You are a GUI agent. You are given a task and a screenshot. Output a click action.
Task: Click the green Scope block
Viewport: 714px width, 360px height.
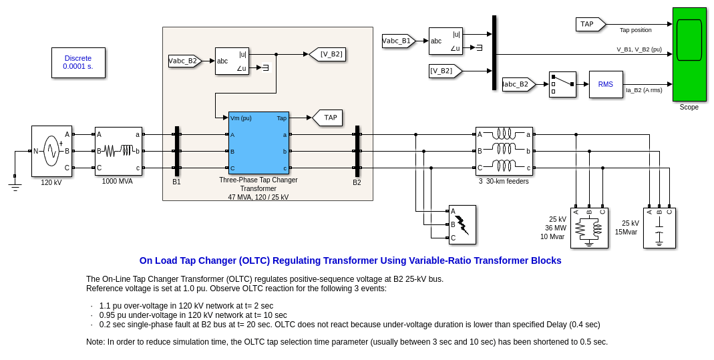[x=689, y=54]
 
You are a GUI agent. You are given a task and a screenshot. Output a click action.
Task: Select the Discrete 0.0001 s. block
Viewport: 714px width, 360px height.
[x=78, y=62]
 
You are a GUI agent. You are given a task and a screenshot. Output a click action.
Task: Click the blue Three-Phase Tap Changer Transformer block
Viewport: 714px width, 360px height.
[x=258, y=142]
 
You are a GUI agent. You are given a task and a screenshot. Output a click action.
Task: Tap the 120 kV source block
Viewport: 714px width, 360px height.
[x=51, y=151]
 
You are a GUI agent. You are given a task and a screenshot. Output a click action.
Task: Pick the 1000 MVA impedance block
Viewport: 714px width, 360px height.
[x=118, y=151]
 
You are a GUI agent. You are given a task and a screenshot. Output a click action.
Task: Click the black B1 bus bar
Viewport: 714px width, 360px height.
[x=177, y=151]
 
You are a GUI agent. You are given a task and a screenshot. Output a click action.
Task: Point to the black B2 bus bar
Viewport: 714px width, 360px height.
[x=357, y=151]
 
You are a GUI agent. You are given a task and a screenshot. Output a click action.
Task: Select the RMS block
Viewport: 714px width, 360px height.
[x=606, y=84]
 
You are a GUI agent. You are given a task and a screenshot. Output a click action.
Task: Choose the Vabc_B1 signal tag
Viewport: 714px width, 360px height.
[x=398, y=41]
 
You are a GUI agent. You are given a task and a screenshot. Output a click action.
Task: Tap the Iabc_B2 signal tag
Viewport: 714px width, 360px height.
[x=518, y=84]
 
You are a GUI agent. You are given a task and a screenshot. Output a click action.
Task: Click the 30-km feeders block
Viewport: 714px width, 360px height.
[x=504, y=151]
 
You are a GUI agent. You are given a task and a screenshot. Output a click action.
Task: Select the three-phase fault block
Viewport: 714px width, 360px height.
[x=462, y=224]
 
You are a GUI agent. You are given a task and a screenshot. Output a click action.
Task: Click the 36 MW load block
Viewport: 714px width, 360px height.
[x=589, y=228]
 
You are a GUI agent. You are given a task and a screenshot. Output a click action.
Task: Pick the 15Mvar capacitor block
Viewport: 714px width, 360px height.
[x=659, y=228]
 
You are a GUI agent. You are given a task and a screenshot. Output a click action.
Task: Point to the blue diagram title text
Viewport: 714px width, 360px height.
[x=350, y=260]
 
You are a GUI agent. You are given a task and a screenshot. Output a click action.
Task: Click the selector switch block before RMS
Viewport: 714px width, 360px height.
[x=562, y=84]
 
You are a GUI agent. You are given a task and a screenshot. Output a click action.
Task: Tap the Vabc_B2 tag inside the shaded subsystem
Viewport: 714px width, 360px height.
[x=184, y=61]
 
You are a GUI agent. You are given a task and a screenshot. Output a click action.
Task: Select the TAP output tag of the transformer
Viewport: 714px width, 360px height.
[x=328, y=118]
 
